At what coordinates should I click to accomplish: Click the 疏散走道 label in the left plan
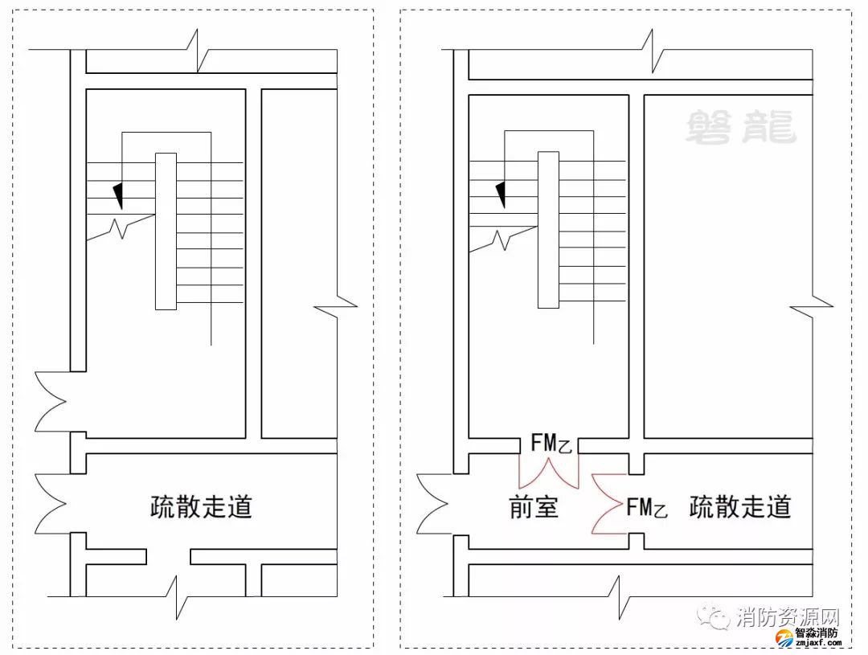tap(201, 507)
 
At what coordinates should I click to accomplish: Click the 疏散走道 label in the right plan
tap(740, 507)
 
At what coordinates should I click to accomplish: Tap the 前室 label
tap(534, 508)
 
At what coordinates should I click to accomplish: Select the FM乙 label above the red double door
tap(551, 444)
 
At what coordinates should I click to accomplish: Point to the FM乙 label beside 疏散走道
tap(647, 507)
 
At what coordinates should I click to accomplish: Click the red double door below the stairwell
tap(549, 473)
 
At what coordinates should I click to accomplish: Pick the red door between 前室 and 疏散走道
tap(609, 504)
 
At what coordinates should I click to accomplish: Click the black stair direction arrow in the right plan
tap(501, 194)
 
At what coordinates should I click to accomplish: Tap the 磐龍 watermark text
tap(740, 128)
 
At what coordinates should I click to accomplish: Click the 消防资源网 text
tap(787, 618)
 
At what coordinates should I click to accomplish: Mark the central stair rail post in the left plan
tap(166, 231)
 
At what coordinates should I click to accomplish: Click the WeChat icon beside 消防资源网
tap(714, 617)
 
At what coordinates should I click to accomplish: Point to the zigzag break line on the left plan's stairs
tap(120, 228)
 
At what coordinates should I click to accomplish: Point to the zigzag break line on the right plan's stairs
tap(502, 238)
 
